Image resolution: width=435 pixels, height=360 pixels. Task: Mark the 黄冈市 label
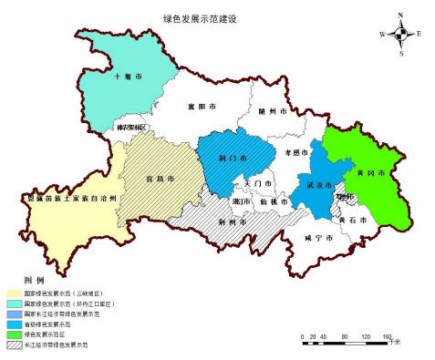[x=371, y=172]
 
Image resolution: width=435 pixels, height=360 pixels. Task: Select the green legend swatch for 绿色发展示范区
[x=16, y=334]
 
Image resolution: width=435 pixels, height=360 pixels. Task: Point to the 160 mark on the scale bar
[x=387, y=336]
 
